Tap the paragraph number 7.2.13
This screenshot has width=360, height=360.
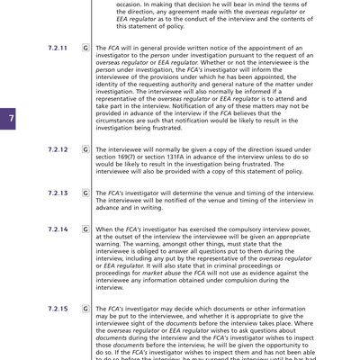(58, 193)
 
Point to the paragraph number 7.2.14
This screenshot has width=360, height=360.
(58, 229)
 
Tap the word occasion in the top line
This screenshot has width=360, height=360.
(134, 5)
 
